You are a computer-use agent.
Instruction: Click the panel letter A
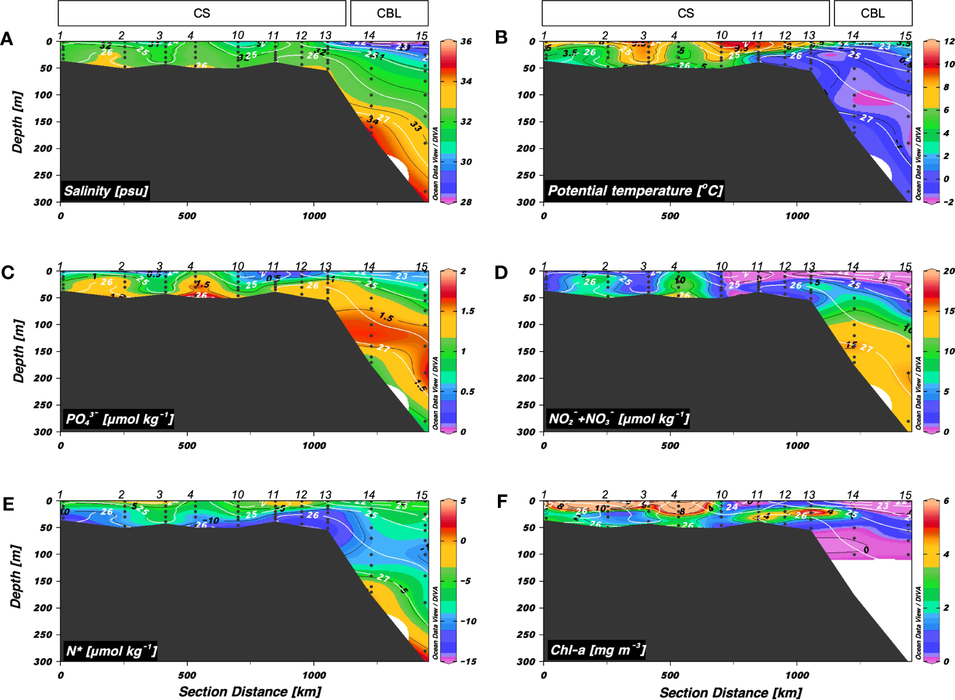tap(7, 39)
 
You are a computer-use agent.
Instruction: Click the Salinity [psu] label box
tap(106, 191)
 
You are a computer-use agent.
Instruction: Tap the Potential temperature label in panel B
tap(634, 191)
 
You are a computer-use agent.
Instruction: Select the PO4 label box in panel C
tap(119, 419)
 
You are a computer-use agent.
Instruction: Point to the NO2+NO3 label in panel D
tap(618, 419)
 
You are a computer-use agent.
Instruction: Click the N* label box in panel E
tap(111, 651)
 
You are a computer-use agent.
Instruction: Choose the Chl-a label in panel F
tap(597, 650)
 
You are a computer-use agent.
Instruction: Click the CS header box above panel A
tap(202, 13)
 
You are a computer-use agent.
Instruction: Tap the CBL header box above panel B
tap(872, 13)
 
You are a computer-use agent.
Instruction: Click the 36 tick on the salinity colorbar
tap(466, 41)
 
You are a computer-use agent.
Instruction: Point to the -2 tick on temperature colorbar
tap(948, 202)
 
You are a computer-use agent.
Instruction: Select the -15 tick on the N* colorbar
tap(467, 661)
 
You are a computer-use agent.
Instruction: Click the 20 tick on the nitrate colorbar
tap(949, 271)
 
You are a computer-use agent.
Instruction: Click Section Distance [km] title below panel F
tap(730, 692)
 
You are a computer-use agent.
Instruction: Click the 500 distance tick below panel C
tap(187, 445)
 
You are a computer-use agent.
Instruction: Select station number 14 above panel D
tap(853, 266)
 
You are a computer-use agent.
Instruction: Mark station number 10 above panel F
tap(721, 495)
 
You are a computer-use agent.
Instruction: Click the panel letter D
tap(500, 272)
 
